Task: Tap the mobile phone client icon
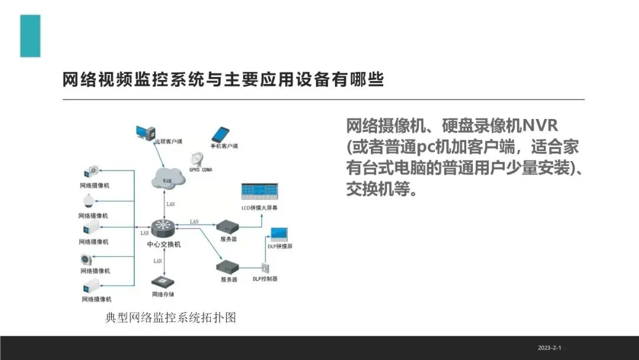(220, 134)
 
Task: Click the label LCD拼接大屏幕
(259, 208)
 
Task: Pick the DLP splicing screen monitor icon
(278, 234)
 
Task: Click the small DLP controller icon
(264, 268)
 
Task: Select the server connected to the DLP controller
(229, 267)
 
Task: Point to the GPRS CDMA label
(201, 170)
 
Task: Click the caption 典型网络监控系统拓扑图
(170, 318)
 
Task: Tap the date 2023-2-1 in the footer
(549, 348)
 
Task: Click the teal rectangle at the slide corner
(30, 36)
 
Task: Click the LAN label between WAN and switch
(170, 204)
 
